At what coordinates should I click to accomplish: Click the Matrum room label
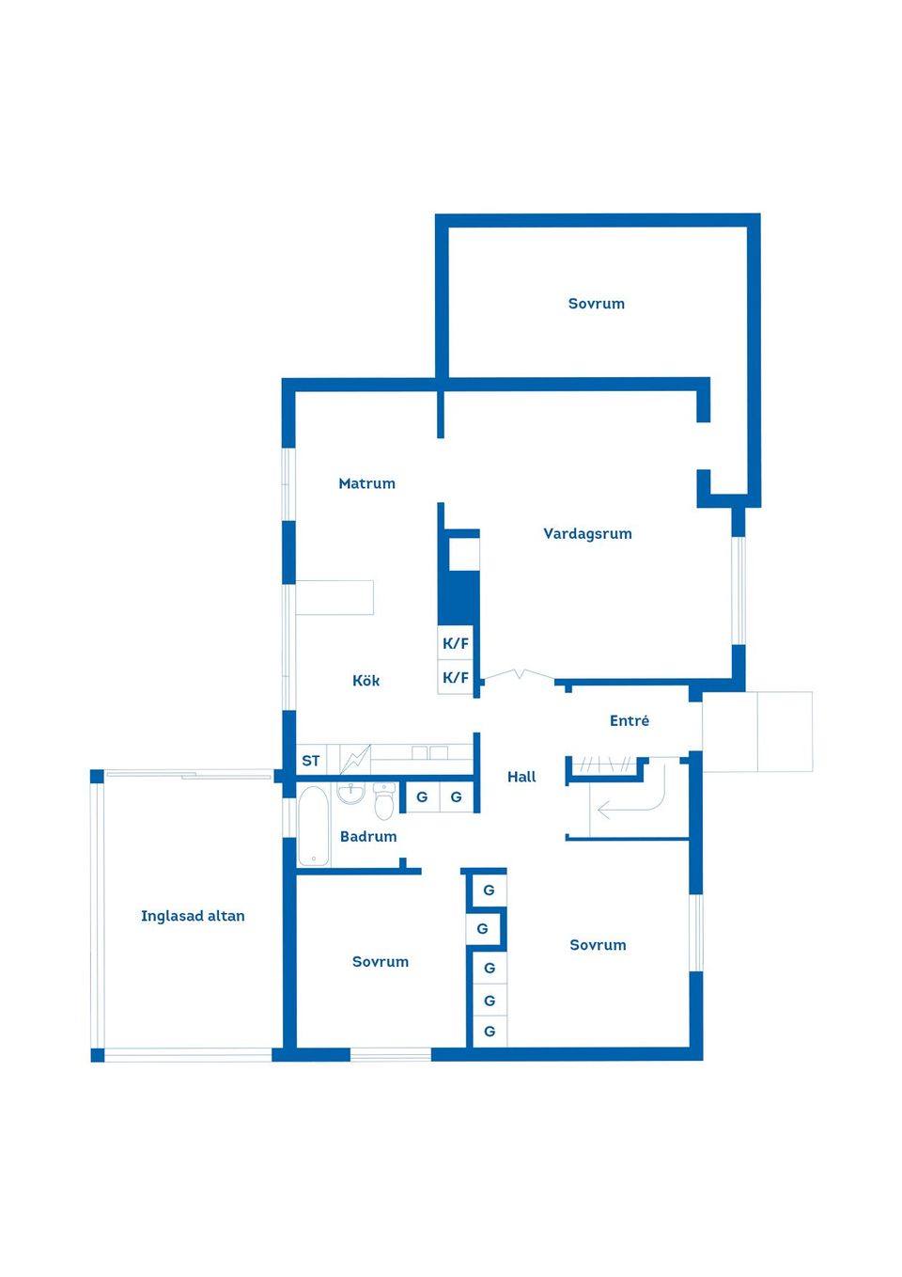366,483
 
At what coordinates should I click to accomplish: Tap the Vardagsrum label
587,534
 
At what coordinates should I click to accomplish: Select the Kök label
365,680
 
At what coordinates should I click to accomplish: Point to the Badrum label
368,836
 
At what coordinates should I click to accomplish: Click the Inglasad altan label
193,916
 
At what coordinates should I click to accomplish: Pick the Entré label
630,720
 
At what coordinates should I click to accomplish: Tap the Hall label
521,777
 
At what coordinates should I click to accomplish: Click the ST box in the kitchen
311,760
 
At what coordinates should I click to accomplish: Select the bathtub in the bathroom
313,826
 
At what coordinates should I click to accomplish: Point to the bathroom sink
350,793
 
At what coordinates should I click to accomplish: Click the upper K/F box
456,643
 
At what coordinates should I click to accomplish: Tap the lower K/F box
456,677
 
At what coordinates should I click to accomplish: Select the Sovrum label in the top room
597,304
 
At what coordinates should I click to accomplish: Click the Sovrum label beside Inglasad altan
381,962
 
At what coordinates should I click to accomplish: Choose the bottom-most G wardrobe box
490,1032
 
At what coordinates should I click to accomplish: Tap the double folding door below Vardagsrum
519,674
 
